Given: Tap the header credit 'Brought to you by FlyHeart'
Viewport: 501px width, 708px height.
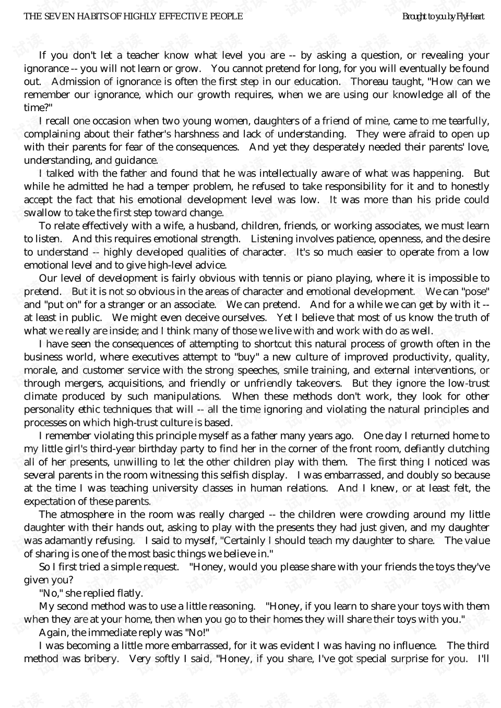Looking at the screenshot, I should click(x=443, y=17).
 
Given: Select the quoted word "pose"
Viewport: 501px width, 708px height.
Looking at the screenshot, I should click(x=473, y=291).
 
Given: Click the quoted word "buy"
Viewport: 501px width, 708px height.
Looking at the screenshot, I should click(x=246, y=357).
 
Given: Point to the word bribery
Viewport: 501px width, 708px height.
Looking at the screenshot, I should click(x=100, y=658).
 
